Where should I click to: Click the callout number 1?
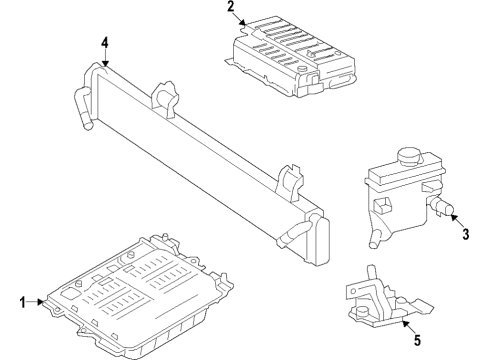[x=22, y=303]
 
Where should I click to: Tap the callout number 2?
[x=231, y=7]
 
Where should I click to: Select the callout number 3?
[x=466, y=234]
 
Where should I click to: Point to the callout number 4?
[x=105, y=43]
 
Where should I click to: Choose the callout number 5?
[x=418, y=340]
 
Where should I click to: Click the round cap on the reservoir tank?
[x=410, y=157]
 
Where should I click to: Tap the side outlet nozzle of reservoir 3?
[x=442, y=207]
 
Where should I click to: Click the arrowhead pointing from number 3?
[x=453, y=217]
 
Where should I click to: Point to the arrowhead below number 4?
[x=105, y=63]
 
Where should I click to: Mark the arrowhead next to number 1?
[x=41, y=302]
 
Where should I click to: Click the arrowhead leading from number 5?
[x=404, y=322]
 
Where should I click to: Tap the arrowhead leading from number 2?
[x=243, y=23]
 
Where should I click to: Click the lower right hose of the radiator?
[x=293, y=236]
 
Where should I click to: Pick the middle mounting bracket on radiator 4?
[x=166, y=98]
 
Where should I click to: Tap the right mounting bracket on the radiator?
[x=291, y=183]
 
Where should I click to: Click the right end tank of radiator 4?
[x=321, y=239]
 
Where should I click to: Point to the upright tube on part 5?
[x=370, y=274]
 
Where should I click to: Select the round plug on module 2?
[x=302, y=69]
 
